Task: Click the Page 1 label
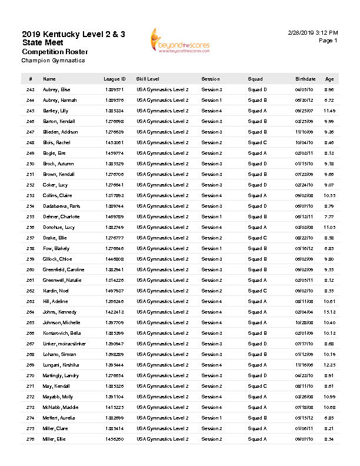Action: click(x=328, y=41)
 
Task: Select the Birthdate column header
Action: click(x=305, y=79)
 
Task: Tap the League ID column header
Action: click(x=114, y=79)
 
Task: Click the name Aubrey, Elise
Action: click(x=56, y=89)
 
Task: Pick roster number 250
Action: click(x=31, y=164)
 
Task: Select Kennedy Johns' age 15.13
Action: click(x=329, y=312)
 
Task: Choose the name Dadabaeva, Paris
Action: click(x=62, y=206)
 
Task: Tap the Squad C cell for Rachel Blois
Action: click(x=257, y=142)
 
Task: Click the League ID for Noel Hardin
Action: click(x=114, y=291)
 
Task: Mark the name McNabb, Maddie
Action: click(x=59, y=407)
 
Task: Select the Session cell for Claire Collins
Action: click(x=211, y=195)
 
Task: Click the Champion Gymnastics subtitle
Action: click(x=53, y=60)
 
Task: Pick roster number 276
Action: click(x=31, y=439)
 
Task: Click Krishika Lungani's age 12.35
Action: click(x=329, y=365)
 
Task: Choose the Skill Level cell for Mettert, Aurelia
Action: click(x=162, y=418)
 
